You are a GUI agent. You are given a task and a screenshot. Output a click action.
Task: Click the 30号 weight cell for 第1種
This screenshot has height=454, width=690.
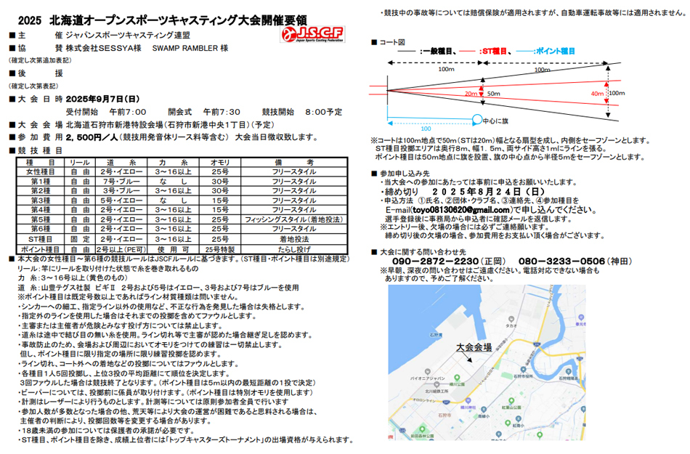219,181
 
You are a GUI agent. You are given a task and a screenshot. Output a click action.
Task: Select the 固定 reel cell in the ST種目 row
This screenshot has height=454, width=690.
80,238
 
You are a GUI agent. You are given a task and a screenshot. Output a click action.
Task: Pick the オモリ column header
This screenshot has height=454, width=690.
219,162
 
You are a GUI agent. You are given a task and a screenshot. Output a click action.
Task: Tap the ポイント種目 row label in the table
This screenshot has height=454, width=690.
40,248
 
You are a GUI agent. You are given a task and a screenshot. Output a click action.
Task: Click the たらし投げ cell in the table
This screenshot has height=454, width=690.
291,248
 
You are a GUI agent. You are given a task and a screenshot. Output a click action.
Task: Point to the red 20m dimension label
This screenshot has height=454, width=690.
470,94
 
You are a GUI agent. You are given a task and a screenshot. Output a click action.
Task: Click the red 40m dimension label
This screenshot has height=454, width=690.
597,94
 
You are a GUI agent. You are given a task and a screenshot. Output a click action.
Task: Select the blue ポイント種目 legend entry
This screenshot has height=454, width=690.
549,52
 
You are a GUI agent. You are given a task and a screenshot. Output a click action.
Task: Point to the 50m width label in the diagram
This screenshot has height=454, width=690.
493,94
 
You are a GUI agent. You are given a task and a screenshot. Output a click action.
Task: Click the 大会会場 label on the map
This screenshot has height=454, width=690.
474,348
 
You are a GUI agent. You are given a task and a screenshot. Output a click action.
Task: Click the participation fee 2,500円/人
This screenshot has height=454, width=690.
91,137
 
